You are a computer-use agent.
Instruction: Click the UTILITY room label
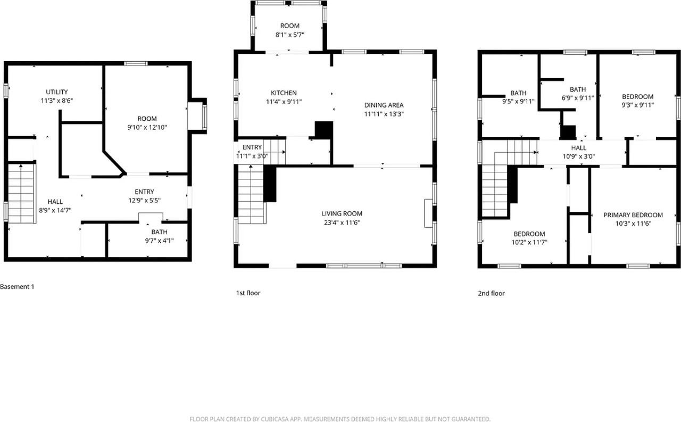[x=56, y=92]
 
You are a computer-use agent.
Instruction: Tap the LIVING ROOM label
[x=342, y=214]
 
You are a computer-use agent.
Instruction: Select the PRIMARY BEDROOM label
[x=633, y=215]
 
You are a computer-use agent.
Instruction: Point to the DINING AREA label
[x=384, y=105]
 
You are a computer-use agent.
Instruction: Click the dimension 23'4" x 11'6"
[x=342, y=223]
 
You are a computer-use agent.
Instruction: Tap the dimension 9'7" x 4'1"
[x=159, y=241]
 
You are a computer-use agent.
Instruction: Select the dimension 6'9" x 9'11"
[x=577, y=98]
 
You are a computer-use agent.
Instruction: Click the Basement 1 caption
[x=17, y=287]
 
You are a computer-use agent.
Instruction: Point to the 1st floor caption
[x=248, y=293]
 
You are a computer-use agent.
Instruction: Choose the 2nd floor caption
[x=491, y=293]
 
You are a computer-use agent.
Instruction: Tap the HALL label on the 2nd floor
[x=579, y=148]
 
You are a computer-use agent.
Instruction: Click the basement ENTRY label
[x=144, y=192]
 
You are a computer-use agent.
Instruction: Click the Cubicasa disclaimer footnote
[x=340, y=419]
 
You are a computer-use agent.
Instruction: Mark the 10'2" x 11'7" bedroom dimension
[x=529, y=243]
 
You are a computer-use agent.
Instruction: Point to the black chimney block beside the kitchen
[x=323, y=130]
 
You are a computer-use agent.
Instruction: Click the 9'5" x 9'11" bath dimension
[x=518, y=101]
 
